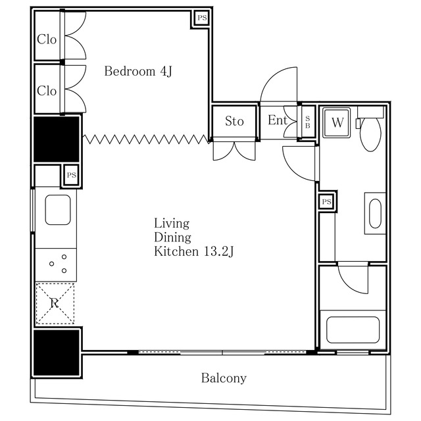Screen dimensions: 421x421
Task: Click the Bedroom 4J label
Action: pyautogui.click(x=138, y=72)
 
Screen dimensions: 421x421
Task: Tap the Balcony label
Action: pyautogui.click(x=224, y=378)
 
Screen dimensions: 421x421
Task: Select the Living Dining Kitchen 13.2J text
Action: pyautogui.click(x=193, y=237)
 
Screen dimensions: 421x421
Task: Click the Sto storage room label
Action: pyautogui.click(x=234, y=121)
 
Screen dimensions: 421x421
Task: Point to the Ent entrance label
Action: pyautogui.click(x=278, y=120)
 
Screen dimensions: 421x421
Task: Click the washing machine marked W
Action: pyautogui.click(x=337, y=123)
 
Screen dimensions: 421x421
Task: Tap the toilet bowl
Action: pyautogui.click(x=370, y=134)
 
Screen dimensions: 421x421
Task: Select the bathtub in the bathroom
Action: pyautogui.click(x=353, y=330)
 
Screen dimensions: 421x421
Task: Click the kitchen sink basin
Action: pyautogui.click(x=58, y=210)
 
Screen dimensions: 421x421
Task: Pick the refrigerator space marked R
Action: pyautogui.click(x=55, y=303)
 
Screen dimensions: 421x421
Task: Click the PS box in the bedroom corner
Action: pyautogui.click(x=202, y=18)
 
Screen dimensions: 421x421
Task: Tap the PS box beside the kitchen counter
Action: pyautogui.click(x=72, y=176)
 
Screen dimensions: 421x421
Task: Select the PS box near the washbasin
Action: pyautogui.click(x=326, y=201)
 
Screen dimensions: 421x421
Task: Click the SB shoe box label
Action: pyautogui.click(x=308, y=122)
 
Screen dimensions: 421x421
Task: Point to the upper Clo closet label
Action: pyautogui.click(x=47, y=39)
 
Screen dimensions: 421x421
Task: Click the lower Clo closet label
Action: pyautogui.click(x=47, y=91)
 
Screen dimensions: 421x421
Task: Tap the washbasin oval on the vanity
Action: pyautogui.click(x=375, y=213)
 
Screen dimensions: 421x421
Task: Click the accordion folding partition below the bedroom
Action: pyautogui.click(x=147, y=139)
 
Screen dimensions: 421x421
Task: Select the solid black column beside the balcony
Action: pyautogui.click(x=57, y=353)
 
